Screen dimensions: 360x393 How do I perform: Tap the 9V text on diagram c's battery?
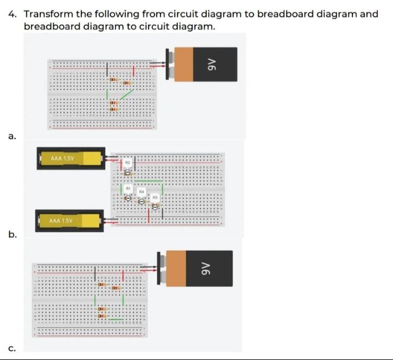206,268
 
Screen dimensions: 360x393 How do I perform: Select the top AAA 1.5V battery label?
62,158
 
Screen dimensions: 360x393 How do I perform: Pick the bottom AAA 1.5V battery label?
61,221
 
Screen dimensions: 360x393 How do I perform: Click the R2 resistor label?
127,163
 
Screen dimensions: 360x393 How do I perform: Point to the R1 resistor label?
128,187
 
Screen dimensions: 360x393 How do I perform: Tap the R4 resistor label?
141,192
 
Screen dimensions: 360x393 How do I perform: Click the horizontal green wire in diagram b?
148,180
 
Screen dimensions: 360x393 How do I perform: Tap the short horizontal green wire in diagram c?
115,318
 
